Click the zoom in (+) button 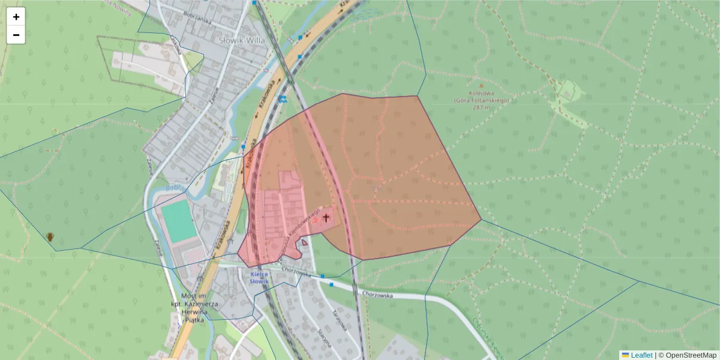click(16, 17)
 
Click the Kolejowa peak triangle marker click(480, 86)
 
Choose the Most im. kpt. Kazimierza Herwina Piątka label click(193, 308)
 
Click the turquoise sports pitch click(179, 221)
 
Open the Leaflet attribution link click(641, 355)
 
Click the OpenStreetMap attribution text click(691, 355)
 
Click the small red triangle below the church click(305, 242)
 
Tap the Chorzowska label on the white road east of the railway click(377, 295)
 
